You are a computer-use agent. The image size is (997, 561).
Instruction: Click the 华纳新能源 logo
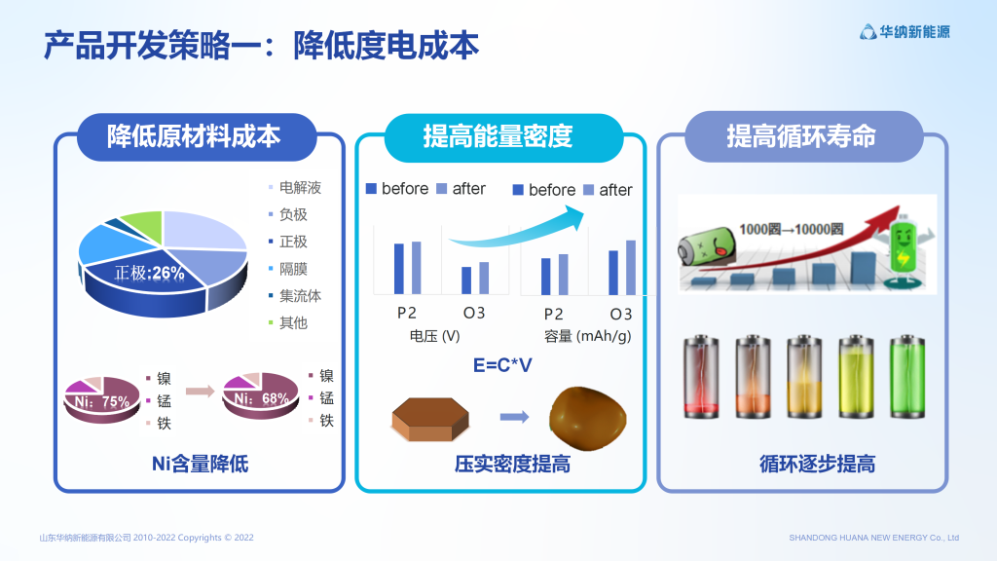coord(905,32)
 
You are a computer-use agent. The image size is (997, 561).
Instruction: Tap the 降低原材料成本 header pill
coord(197,136)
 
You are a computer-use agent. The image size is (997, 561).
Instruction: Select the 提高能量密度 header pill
coord(503,137)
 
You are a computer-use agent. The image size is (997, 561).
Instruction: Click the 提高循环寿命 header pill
coord(803,136)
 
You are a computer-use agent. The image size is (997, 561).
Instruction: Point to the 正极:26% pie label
coord(149,274)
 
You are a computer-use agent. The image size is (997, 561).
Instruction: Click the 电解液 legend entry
coord(294,188)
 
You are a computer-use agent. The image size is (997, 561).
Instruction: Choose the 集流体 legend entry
coord(294,296)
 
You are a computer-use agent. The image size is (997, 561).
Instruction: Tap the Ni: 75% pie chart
coord(101,399)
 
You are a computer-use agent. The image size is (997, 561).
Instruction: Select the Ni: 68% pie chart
coord(261,395)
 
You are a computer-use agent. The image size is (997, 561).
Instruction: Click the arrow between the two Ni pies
coord(201,391)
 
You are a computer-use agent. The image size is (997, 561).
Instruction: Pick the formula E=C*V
coord(502,365)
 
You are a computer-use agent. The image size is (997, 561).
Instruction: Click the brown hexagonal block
coord(430,419)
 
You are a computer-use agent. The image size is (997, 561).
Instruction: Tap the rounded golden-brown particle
coord(587,419)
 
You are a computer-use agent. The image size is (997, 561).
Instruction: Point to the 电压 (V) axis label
coord(435,336)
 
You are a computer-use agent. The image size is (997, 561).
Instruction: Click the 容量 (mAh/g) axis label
coord(587,336)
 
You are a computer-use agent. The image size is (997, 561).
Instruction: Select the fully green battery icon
coord(906,377)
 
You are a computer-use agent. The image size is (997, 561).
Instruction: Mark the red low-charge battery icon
coord(701,377)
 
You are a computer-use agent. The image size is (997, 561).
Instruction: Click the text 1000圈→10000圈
coord(791,229)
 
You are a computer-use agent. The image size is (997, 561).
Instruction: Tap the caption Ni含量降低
coord(200,464)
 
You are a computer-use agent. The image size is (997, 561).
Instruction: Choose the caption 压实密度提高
coord(512,464)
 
